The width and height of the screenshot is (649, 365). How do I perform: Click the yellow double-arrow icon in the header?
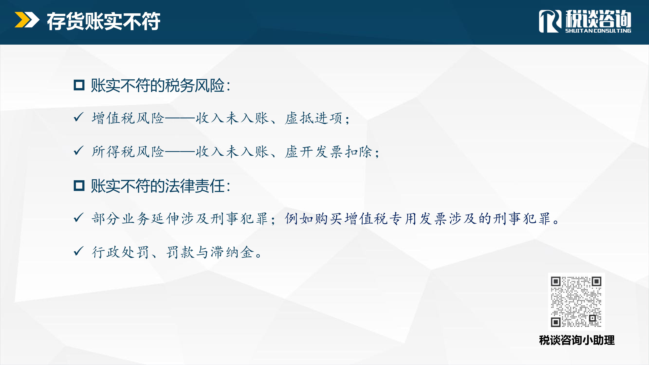pyautogui.click(x=27, y=20)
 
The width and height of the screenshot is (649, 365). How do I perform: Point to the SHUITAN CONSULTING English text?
pyautogui.click(x=598, y=30)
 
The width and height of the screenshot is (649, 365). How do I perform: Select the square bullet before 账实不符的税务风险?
pyautogui.click(x=79, y=85)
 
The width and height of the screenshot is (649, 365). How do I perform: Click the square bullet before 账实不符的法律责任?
pyautogui.click(x=79, y=186)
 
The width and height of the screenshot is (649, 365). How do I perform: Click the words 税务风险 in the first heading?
pyautogui.click(x=195, y=85)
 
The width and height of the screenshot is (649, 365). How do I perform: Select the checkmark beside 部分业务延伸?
pyautogui.click(x=78, y=218)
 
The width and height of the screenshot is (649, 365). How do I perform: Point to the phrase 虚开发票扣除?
pyautogui.click(x=328, y=152)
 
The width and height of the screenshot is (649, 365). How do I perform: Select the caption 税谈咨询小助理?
pyautogui.click(x=577, y=340)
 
